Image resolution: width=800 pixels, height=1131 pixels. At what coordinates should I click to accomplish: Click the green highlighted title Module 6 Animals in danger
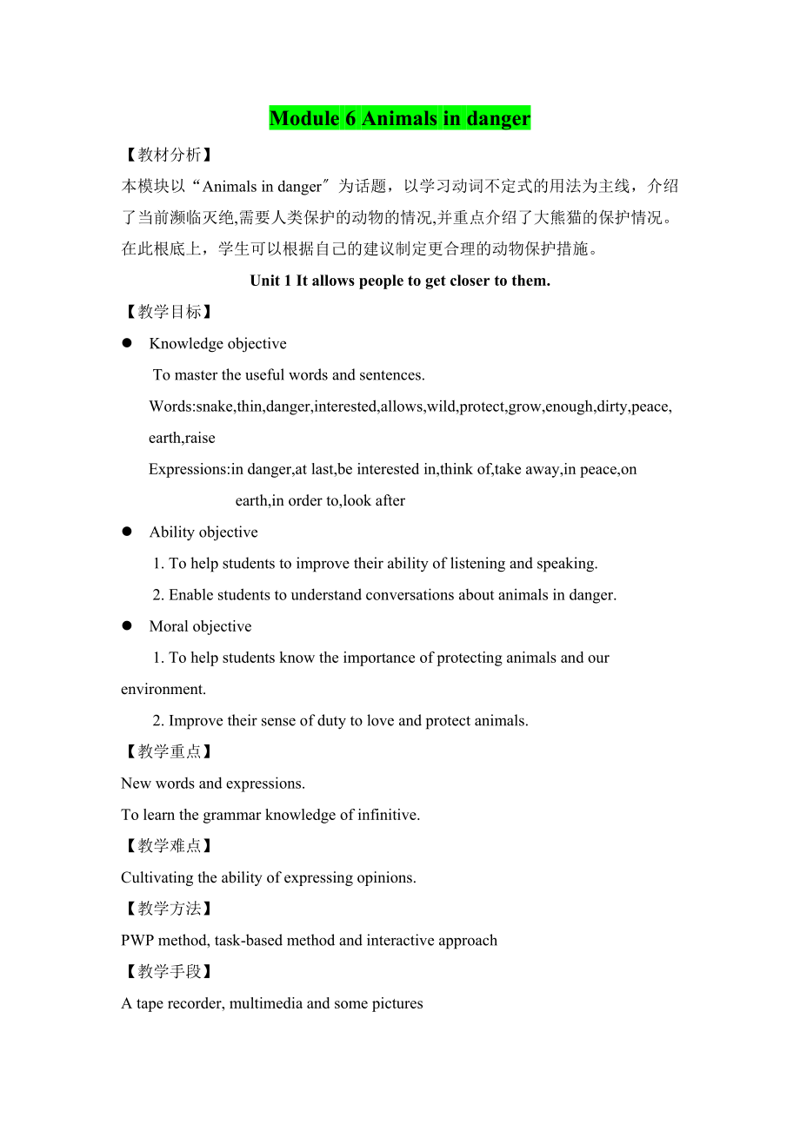click(399, 118)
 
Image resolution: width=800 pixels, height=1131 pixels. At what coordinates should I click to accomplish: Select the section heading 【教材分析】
click(167, 155)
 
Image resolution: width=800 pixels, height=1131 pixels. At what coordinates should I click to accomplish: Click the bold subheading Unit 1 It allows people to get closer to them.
click(400, 281)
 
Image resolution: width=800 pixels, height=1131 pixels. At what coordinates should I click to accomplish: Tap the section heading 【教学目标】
click(167, 312)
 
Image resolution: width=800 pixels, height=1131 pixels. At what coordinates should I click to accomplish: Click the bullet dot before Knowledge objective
click(127, 343)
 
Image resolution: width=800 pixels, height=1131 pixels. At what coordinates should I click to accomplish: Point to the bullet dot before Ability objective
click(127, 532)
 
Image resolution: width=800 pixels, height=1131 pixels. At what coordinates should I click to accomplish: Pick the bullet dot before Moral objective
click(127, 625)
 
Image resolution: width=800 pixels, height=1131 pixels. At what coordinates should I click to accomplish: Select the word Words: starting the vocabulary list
click(172, 407)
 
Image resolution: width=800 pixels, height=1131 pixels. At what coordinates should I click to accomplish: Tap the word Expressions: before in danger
click(189, 469)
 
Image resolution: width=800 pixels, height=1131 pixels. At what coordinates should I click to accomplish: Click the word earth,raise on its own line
click(182, 438)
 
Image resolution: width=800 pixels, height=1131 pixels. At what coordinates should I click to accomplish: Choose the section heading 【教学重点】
click(167, 751)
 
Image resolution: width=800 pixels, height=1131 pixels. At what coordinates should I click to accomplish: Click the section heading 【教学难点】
click(167, 845)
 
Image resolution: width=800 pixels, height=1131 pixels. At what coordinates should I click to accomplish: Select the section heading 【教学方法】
click(167, 909)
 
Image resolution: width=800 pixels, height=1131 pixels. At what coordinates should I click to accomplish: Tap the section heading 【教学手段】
click(167, 971)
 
